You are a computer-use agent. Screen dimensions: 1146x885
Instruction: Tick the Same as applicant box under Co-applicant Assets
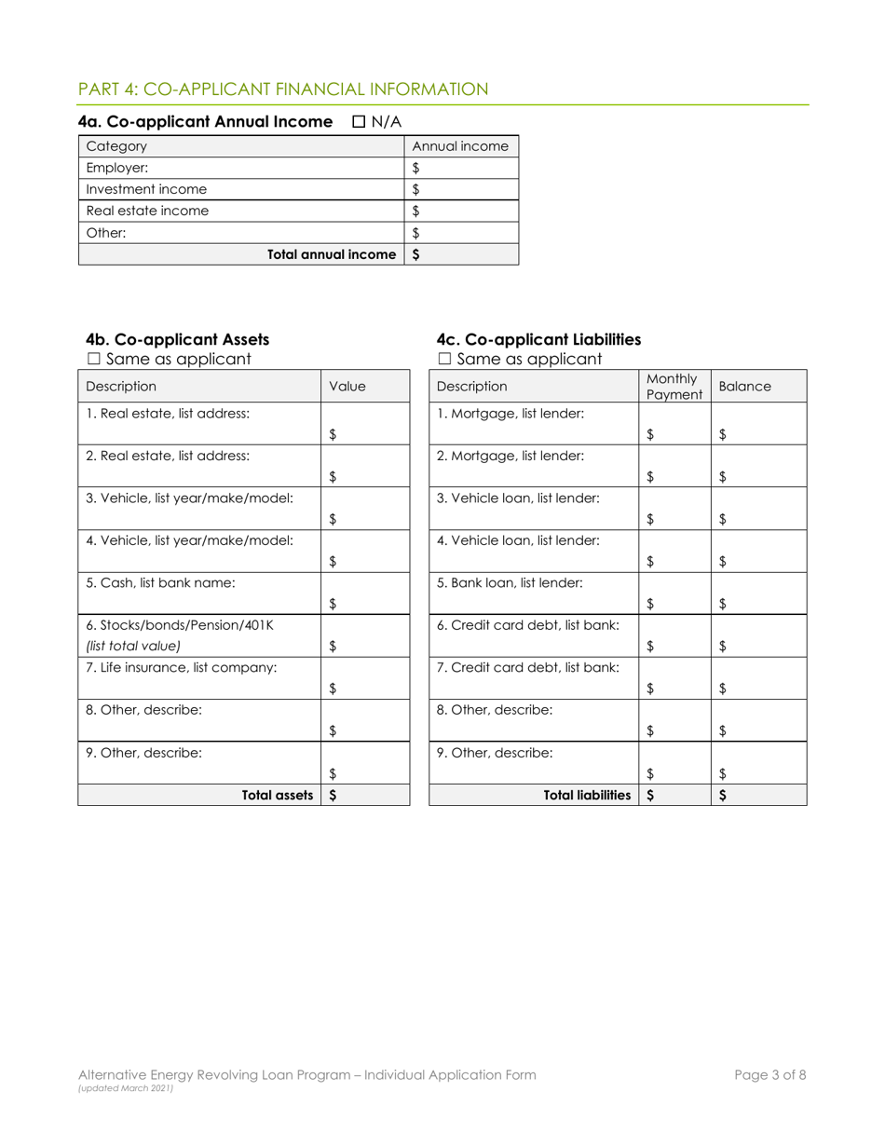pyautogui.click(x=91, y=359)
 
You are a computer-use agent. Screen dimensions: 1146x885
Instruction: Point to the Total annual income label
pyautogui.click(x=332, y=254)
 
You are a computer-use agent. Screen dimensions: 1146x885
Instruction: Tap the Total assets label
pyautogui.click(x=277, y=795)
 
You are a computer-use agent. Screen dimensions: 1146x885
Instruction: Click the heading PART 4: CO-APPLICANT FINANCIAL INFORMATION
pyautogui.click(x=283, y=89)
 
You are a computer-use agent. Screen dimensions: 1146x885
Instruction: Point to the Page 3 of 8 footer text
pyautogui.click(x=769, y=1074)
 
